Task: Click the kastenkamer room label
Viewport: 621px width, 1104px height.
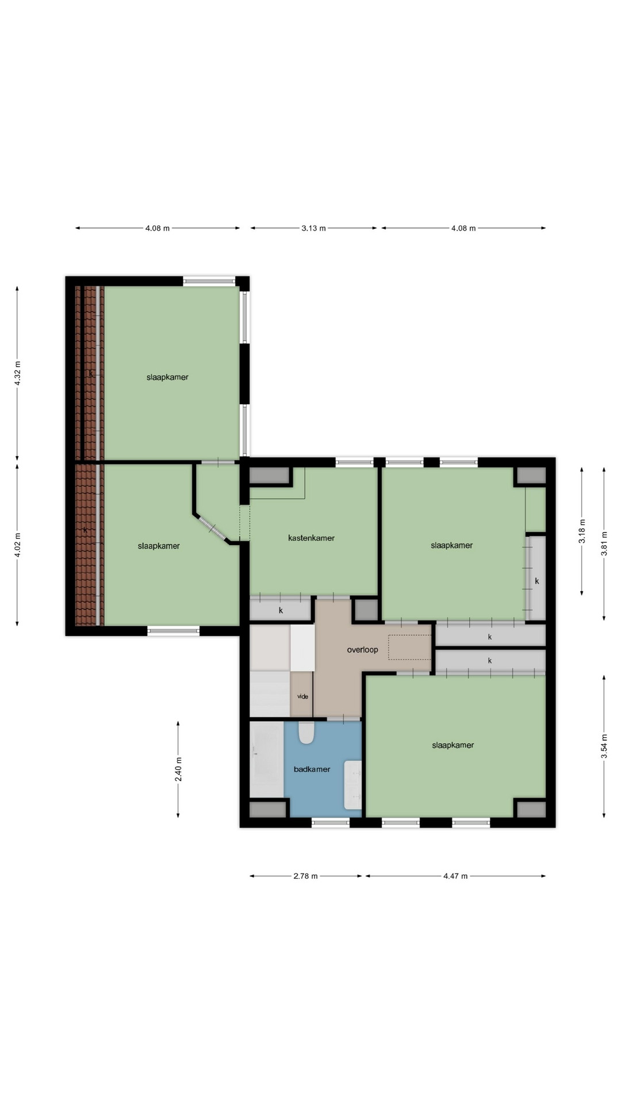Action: [x=311, y=538]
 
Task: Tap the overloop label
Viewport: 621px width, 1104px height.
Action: [x=362, y=650]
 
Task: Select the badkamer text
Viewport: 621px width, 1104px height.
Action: [x=312, y=769]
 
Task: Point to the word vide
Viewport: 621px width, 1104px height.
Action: [x=302, y=696]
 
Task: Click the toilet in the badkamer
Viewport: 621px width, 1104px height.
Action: [x=306, y=733]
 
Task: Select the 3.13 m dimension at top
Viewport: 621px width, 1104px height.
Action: [x=313, y=228]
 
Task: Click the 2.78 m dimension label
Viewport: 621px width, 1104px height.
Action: [x=305, y=876]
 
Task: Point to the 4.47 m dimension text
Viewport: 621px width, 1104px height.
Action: [x=455, y=876]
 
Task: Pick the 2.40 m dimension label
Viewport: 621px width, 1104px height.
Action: [x=178, y=769]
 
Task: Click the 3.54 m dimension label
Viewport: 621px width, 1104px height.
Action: [x=604, y=746]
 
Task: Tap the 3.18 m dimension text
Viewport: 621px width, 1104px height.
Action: [x=582, y=531]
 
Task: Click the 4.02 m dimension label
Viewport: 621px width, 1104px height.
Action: [x=17, y=545]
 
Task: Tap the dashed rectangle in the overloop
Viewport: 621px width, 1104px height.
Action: [x=409, y=647]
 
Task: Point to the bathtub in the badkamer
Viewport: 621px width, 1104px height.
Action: [x=267, y=759]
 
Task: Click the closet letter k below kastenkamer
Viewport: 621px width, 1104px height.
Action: [x=281, y=611]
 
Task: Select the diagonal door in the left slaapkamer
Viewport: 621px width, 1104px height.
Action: [x=212, y=528]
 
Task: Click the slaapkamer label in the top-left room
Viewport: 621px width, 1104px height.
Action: [x=167, y=377]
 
